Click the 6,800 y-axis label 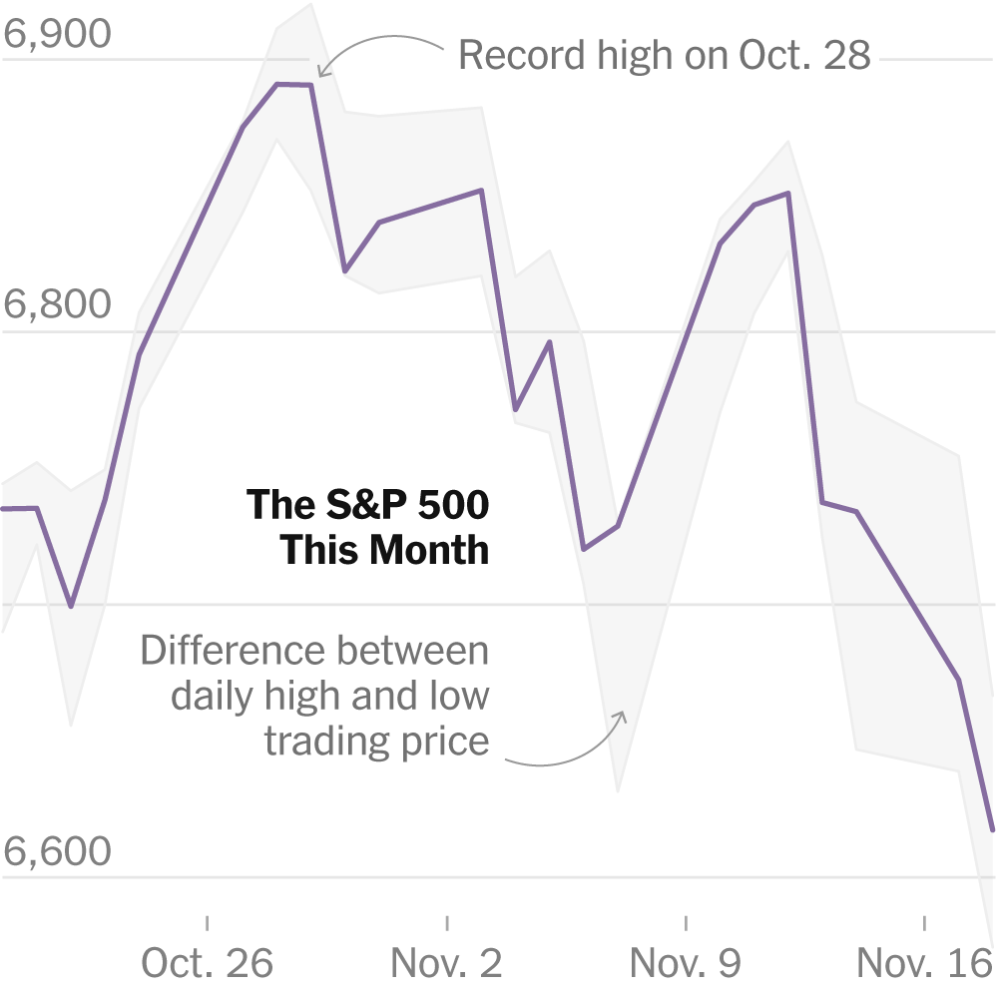click(x=57, y=304)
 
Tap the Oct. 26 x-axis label click(x=207, y=963)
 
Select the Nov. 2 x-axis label click(x=446, y=963)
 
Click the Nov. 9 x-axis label click(x=686, y=963)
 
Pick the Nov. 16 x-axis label click(x=923, y=963)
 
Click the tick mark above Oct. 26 click(x=207, y=923)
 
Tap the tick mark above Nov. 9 click(x=686, y=923)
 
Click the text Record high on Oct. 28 click(x=665, y=55)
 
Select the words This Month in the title click(x=384, y=550)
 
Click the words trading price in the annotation click(x=376, y=741)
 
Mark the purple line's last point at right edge click(x=993, y=829)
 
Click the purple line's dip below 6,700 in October click(x=70, y=606)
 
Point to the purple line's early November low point click(x=584, y=549)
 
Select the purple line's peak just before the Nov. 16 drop click(x=788, y=194)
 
